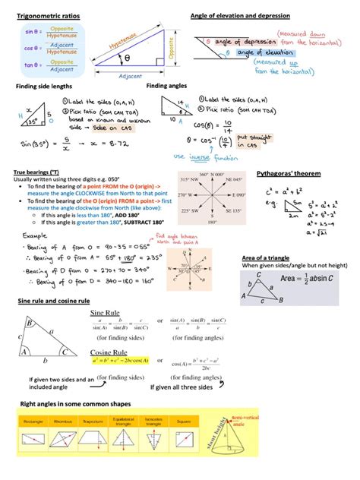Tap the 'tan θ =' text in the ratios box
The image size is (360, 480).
coord(33,66)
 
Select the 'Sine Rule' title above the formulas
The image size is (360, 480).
coord(109,312)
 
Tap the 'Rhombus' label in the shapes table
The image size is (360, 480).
coord(62,418)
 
